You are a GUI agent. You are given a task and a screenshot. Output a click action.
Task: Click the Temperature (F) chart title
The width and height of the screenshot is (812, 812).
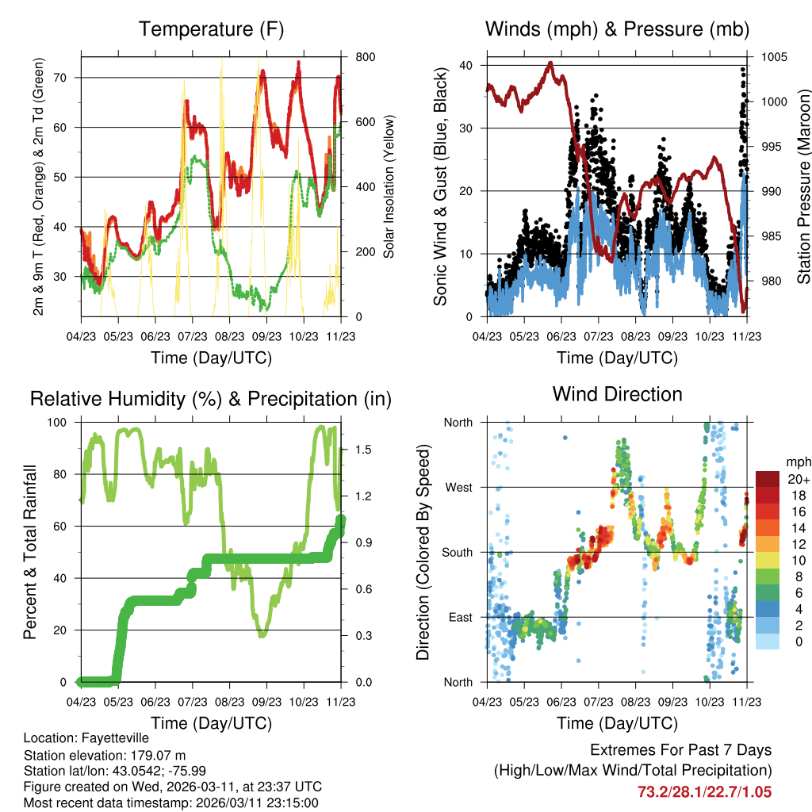[x=211, y=30]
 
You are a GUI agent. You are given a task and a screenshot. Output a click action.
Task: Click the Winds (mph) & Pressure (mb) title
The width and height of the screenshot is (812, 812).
[x=617, y=30]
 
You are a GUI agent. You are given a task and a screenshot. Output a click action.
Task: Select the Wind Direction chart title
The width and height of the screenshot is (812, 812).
[x=617, y=394]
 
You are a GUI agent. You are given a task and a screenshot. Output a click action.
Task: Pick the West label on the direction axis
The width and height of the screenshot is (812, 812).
[x=458, y=487]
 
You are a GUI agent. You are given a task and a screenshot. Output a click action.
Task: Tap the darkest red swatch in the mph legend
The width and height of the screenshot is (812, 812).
[x=767, y=478]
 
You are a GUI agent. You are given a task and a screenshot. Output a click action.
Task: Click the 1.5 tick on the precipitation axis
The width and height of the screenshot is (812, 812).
[x=353, y=450]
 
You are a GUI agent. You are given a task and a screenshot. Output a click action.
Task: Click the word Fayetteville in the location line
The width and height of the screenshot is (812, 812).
[x=105, y=737]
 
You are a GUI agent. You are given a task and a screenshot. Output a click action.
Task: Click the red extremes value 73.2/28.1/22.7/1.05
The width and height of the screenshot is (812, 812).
[x=704, y=791]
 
